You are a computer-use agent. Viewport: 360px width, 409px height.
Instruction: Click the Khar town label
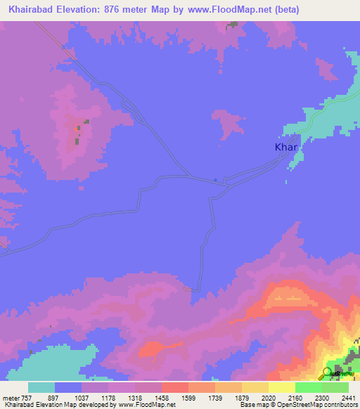(286, 148)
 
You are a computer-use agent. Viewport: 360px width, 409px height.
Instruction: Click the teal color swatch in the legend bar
(41, 387)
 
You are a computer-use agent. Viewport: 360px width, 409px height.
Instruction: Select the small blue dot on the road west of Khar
(215, 178)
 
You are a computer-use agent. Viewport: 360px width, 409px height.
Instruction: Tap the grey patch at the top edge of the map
(231, 25)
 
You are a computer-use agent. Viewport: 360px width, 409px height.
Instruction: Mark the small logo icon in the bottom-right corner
(327, 372)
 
